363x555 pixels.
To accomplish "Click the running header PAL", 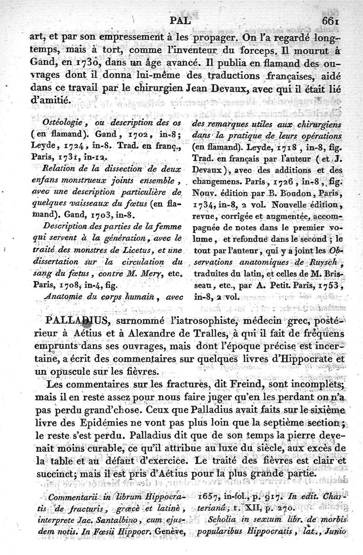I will [x=181, y=20].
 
